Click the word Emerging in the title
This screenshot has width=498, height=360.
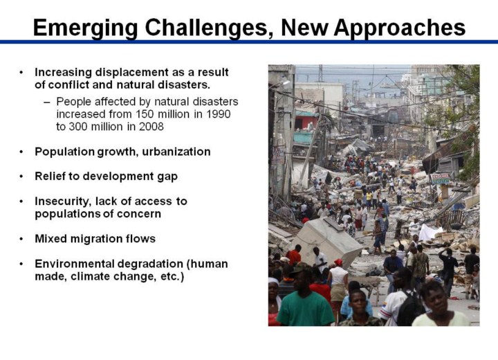click(86, 28)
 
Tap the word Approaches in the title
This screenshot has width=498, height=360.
click(400, 28)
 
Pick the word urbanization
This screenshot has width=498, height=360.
click(176, 152)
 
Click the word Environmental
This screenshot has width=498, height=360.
click(74, 264)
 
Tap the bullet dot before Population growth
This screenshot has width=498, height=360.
click(21, 152)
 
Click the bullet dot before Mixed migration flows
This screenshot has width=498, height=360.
click(21, 239)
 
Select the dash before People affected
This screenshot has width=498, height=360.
click(47, 102)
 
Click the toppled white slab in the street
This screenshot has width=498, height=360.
click(327, 240)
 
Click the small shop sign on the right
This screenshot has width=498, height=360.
click(440, 179)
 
